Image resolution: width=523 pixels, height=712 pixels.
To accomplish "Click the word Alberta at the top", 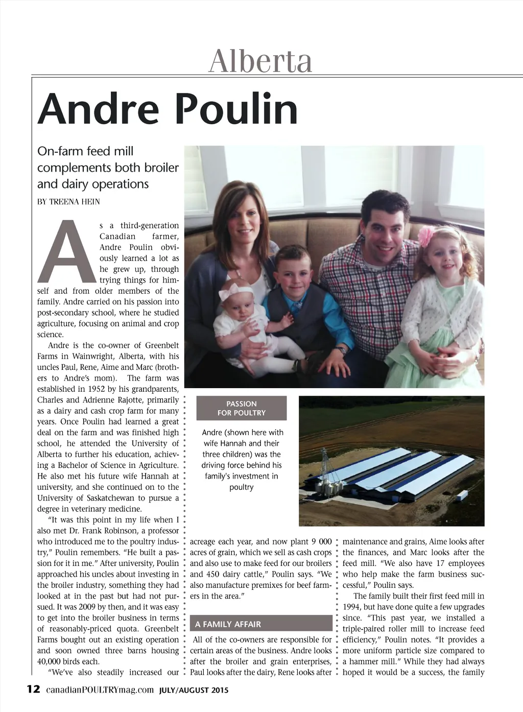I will pyautogui.click(x=260, y=61).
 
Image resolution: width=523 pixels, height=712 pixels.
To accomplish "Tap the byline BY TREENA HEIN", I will pyautogui.click(x=68, y=202).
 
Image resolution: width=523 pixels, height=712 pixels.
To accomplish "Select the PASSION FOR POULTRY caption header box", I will pyautogui.click(x=242, y=408).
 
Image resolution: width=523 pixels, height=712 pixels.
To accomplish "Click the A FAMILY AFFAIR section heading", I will pyautogui.click(x=228, y=624).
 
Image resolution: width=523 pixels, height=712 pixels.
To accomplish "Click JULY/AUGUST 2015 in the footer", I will pyautogui.click(x=194, y=690).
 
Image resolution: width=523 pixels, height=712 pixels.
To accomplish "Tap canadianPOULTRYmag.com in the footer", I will pyautogui.click(x=100, y=690).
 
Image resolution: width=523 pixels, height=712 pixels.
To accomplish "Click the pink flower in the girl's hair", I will pyautogui.click(x=426, y=236).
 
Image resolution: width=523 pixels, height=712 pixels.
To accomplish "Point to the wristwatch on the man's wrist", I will pyautogui.click(x=341, y=351).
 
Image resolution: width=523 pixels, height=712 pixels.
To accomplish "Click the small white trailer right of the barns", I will pyautogui.click(x=461, y=495).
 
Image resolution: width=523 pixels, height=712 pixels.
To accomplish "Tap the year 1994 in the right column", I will pyautogui.click(x=352, y=607).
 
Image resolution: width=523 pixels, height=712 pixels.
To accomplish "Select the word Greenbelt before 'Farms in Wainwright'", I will pyautogui.click(x=162, y=346).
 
